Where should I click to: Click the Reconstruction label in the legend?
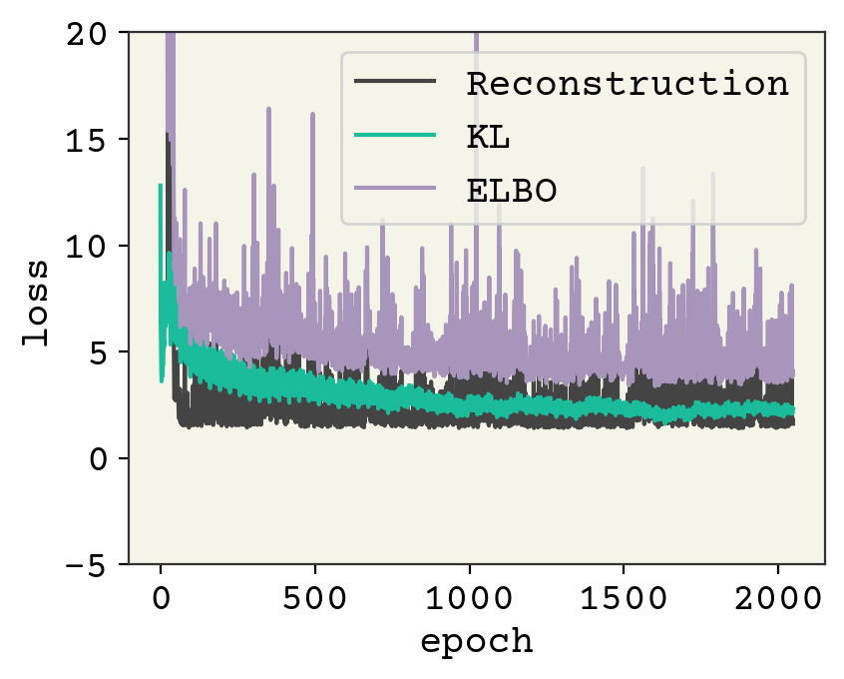pyautogui.click(x=629, y=83)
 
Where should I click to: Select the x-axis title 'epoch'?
pyautogui.click(x=476, y=640)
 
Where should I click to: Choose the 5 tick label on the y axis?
pyautogui.click(x=105, y=351)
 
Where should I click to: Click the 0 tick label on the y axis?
pyautogui.click(x=105, y=458)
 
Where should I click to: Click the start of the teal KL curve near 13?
pyautogui.click(x=161, y=186)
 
